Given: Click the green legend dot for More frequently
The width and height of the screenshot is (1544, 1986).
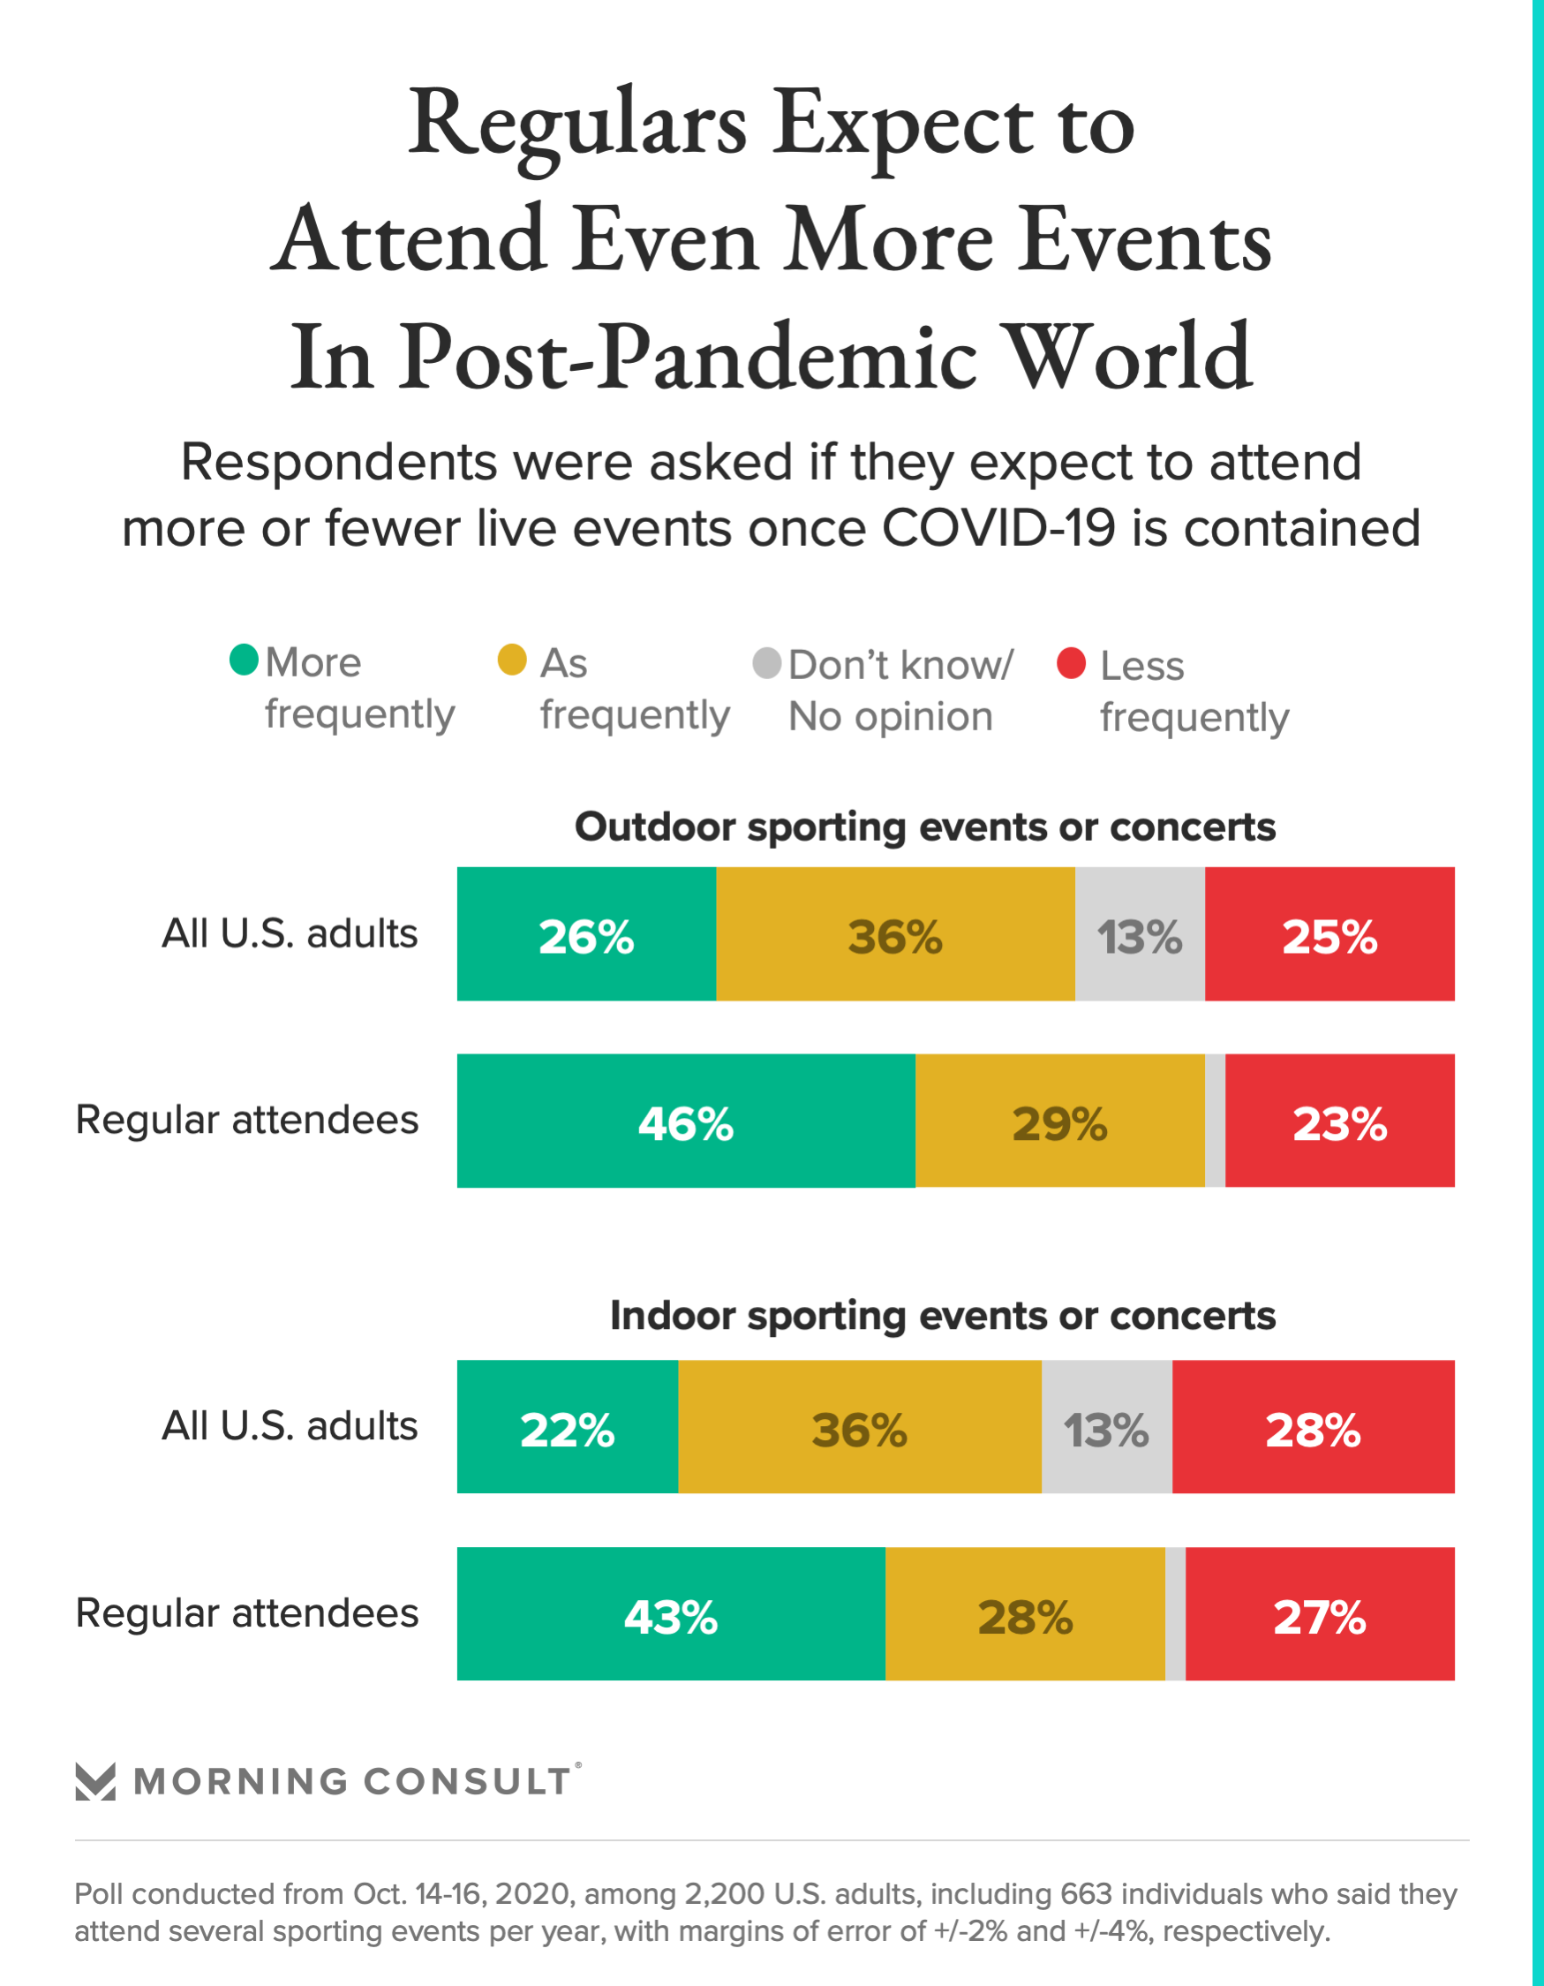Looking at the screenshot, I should [x=244, y=660].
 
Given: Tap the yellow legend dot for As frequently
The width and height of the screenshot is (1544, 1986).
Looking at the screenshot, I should [x=512, y=661].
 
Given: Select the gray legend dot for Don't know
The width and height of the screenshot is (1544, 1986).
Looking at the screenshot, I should [x=766, y=663].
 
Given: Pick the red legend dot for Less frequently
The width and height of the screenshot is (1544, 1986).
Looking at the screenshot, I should [x=1071, y=663].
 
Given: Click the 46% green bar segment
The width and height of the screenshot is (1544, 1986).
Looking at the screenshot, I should [x=686, y=1121].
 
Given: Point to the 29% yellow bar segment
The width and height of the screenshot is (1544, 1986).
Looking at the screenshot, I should [x=1059, y=1121].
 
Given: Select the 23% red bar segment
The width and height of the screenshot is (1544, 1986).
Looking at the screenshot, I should [x=1339, y=1121].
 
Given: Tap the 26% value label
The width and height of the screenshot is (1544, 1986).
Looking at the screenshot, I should [x=585, y=937].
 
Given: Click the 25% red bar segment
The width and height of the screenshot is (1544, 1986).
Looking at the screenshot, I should [x=1329, y=934].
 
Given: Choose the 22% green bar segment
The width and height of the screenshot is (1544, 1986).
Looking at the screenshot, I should [x=567, y=1427].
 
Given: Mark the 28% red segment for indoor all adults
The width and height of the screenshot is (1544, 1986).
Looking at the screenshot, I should [x=1313, y=1427].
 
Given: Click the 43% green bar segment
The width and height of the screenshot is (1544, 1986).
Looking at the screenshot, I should [x=671, y=1614].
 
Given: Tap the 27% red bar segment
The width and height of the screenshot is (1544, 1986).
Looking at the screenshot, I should [x=1320, y=1614].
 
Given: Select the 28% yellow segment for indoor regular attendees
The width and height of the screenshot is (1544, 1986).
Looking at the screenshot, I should [x=1025, y=1614].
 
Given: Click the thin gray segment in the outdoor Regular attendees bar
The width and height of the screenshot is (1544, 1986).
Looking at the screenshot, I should [x=1215, y=1121].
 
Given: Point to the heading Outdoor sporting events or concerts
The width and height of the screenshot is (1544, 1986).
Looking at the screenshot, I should [x=925, y=827].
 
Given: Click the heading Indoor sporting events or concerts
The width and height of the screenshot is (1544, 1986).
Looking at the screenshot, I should [x=942, y=1316].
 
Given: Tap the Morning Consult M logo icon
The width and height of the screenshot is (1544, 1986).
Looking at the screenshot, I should [x=94, y=1781].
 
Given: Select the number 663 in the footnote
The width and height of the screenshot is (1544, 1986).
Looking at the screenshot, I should [x=1086, y=1894].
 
